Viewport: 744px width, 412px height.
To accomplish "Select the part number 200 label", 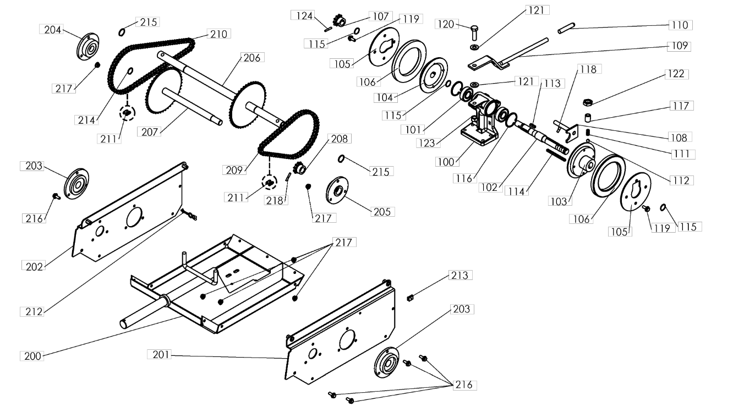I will coord(32,356).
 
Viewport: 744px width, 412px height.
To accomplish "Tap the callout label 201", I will coord(160,355).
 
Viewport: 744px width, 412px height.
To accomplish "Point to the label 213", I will coord(460,275).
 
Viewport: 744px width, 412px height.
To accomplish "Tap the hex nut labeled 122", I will coord(587,102).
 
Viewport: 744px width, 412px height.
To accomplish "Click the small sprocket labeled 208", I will coord(299,168).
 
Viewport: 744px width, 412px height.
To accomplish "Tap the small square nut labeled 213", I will coord(410,298).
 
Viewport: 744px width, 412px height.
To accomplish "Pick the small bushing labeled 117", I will coord(588,118).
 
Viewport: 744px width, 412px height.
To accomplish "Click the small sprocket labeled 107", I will coord(340,22).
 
